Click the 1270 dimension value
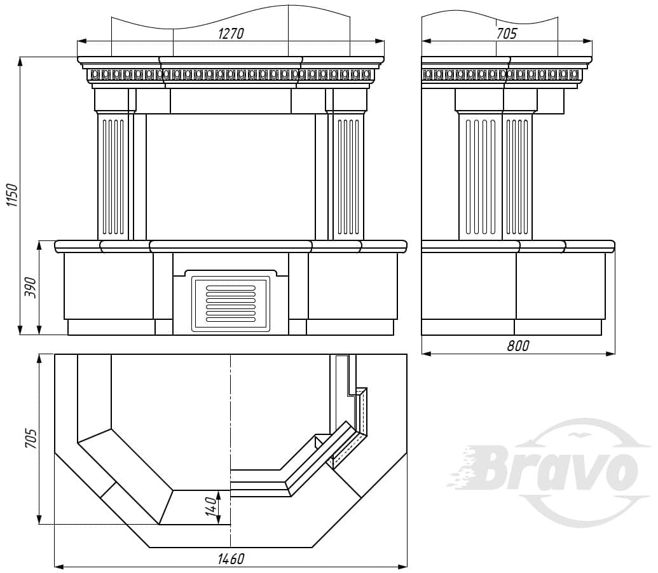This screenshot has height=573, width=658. coord(231,34)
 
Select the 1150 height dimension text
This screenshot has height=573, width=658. coord(12,195)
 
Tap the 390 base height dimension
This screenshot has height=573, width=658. coord(31,287)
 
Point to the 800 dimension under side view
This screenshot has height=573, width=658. coord(518,346)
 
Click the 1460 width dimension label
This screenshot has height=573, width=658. coord(231,559)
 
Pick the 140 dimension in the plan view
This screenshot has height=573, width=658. coord(212,506)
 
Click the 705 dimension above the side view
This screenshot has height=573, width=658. coord(507,34)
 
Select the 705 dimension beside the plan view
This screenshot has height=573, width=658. coord(32,439)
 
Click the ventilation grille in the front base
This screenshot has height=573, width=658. coord(231,303)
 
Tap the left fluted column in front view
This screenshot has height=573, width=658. coord(113,176)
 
